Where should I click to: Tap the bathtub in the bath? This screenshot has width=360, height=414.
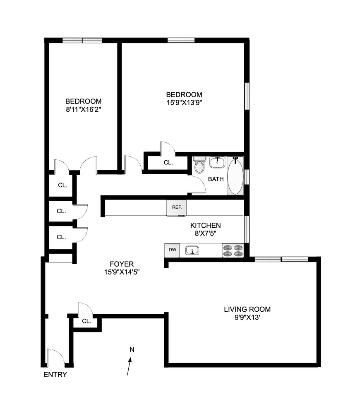click(235, 176)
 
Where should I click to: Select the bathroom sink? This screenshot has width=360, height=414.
click(218, 162)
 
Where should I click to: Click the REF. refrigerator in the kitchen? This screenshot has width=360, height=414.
click(176, 208)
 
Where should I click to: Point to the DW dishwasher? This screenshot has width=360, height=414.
click(172, 250)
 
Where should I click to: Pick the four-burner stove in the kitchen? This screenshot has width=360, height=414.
click(233, 250)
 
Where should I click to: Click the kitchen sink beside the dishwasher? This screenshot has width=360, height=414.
click(192, 250)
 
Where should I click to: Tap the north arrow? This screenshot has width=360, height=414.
click(129, 366)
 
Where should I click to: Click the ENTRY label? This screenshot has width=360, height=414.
click(55, 374)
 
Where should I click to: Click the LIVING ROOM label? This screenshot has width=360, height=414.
click(247, 309)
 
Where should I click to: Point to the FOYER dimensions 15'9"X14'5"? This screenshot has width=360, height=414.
click(122, 272)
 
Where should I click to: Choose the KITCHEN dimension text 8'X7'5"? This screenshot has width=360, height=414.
click(206, 233)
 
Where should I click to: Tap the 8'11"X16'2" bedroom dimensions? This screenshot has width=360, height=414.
click(84, 109)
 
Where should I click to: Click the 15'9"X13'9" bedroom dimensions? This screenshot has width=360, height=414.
click(184, 102)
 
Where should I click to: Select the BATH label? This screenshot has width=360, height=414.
click(216, 179)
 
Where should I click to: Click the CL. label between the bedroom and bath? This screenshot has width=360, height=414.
click(168, 163)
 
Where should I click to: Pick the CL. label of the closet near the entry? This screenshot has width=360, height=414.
click(86, 321)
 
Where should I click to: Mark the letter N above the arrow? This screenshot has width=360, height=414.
click(132, 349)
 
